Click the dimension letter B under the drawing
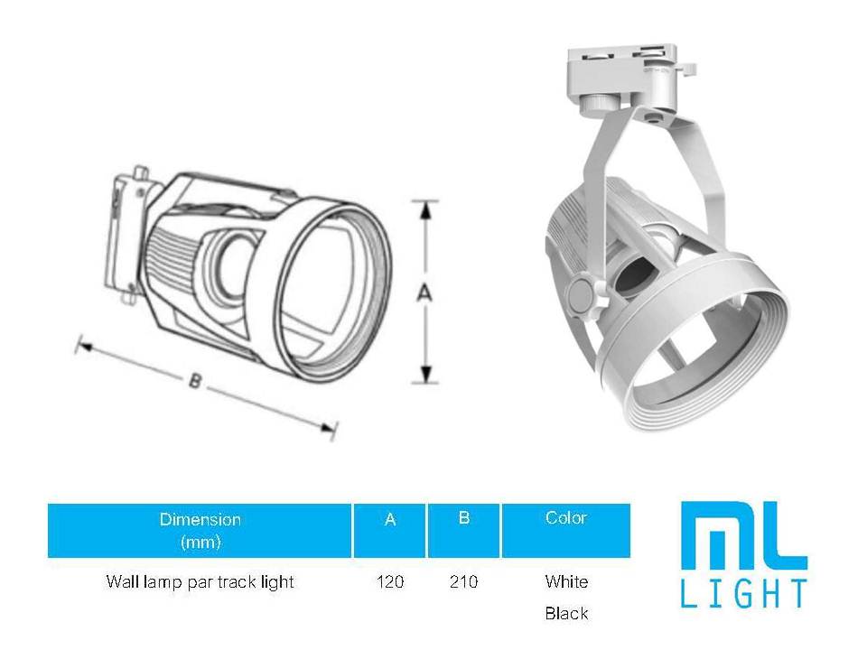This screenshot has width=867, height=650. pyautogui.click(x=194, y=381)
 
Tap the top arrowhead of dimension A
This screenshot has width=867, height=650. pyautogui.click(x=424, y=209)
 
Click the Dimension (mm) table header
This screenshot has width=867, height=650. pyautogui.click(x=200, y=530)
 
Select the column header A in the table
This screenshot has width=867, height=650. pyautogui.click(x=390, y=520)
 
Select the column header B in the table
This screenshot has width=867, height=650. pyautogui.click(x=463, y=518)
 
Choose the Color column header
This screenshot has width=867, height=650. pyautogui.click(x=566, y=518)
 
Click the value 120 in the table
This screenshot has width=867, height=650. pyautogui.click(x=390, y=582)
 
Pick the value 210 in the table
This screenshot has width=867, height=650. pyautogui.click(x=463, y=582)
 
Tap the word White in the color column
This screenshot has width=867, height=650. pyautogui.click(x=566, y=581)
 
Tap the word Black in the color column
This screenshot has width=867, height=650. pyautogui.click(x=566, y=614)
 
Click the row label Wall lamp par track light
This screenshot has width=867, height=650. pyautogui.click(x=200, y=582)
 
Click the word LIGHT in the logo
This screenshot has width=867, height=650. pyautogui.click(x=742, y=595)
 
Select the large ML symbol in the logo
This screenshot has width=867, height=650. pyautogui.click(x=742, y=536)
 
